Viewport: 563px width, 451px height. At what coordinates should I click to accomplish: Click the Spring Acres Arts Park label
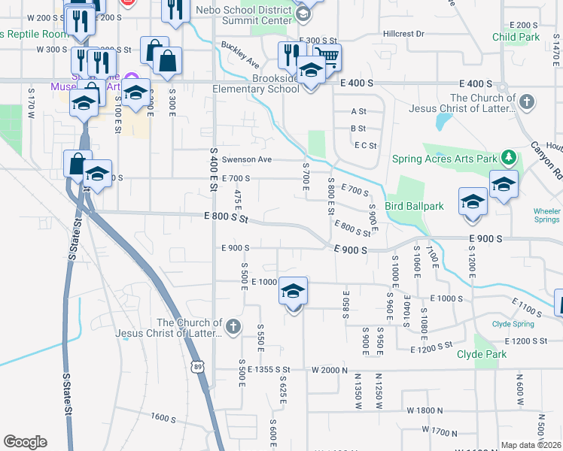(x=445, y=159)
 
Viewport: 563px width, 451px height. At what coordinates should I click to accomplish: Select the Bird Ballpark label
(x=414, y=206)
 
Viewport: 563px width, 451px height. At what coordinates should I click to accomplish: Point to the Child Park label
(x=516, y=37)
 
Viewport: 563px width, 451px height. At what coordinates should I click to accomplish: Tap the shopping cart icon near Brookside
(x=327, y=56)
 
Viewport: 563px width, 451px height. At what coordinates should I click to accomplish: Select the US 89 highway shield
(x=197, y=366)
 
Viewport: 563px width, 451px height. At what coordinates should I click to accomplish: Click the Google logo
(x=25, y=442)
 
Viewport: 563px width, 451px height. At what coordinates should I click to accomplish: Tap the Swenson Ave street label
(x=239, y=159)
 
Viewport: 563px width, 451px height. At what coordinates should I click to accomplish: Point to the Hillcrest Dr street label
(x=403, y=34)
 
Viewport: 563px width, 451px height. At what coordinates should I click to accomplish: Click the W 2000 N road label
(x=333, y=370)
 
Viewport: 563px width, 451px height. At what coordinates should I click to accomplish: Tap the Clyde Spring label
(x=513, y=324)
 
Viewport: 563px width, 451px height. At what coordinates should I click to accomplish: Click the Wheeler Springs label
(x=546, y=216)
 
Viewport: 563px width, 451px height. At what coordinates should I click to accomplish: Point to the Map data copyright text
(x=531, y=445)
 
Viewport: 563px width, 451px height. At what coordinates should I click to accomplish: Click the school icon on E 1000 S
(x=293, y=292)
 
